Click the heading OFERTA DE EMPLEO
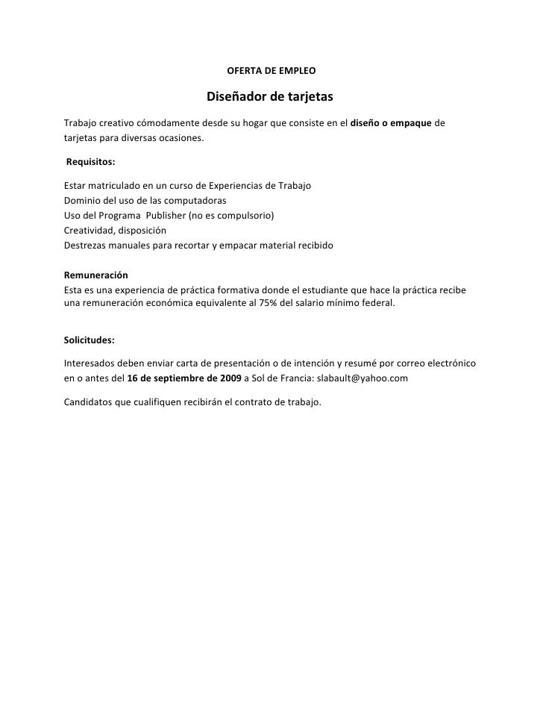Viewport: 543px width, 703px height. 271,72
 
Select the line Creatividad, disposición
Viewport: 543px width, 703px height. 115,230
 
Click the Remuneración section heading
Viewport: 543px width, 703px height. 96,275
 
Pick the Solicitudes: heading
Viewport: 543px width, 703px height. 90,340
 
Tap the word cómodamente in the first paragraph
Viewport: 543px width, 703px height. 166,122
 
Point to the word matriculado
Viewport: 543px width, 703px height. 116,186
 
